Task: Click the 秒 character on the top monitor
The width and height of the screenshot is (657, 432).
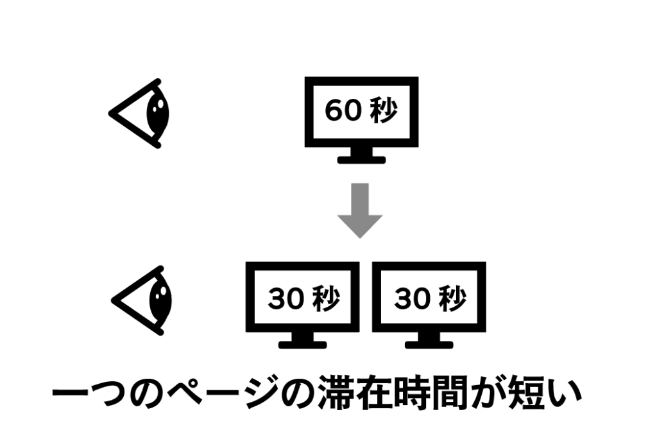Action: pyautogui.click(x=384, y=111)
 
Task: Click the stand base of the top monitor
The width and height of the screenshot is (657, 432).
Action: pyautogui.click(x=361, y=159)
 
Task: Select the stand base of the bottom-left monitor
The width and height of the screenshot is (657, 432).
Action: pyautogui.click(x=303, y=344)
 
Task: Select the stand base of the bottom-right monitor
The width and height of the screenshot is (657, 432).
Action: pyautogui.click(x=429, y=344)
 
